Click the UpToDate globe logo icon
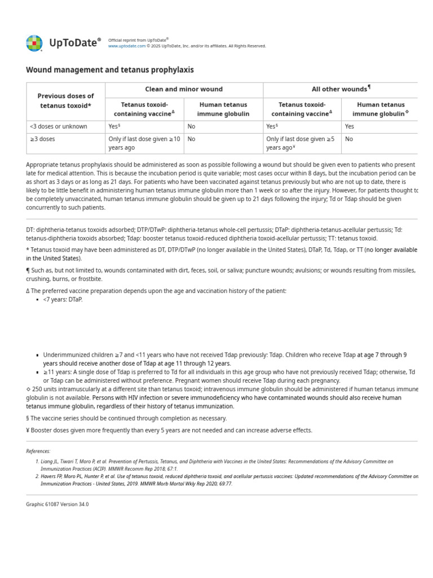[x=34, y=43]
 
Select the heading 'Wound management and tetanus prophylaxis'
[x=110, y=70]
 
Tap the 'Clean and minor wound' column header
[x=184, y=89]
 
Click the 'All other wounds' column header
[x=341, y=89]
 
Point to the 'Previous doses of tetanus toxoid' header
[x=65, y=101]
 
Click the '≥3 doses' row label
[x=42, y=139]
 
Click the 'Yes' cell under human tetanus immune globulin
[x=350, y=126]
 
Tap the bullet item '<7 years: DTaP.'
[x=63, y=300]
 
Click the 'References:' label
[x=38, y=451]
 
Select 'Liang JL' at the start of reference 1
[x=51, y=462]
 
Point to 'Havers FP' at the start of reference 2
[x=53, y=476]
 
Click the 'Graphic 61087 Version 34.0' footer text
[x=58, y=504]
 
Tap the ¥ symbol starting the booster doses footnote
[x=28, y=431]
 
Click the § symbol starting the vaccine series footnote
[x=28, y=418]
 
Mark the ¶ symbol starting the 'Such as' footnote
[x=28, y=271]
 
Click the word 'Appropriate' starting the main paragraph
[x=43, y=165]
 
